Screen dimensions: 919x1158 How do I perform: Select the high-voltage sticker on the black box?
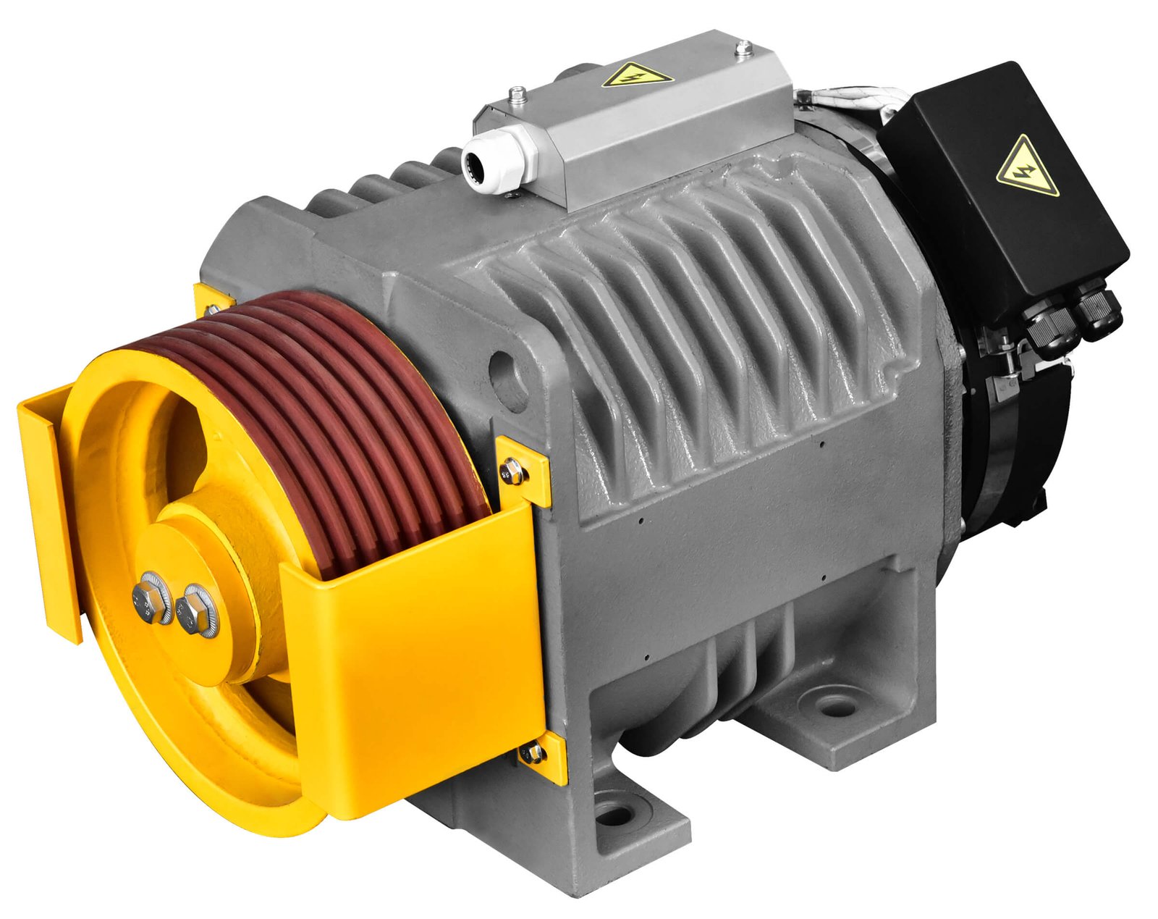click(x=1026, y=168)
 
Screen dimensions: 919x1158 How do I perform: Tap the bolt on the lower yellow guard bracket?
click(x=533, y=753)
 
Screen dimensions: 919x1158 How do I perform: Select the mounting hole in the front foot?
click(x=615, y=815)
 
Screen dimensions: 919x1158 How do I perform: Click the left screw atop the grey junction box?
click(x=517, y=94)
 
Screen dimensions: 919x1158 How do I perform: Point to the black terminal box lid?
click(x=1006, y=188)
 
